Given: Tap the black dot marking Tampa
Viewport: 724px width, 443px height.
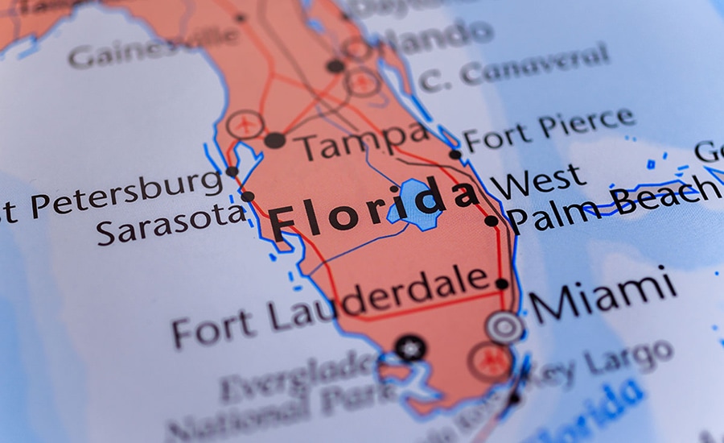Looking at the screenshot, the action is [x=275, y=140].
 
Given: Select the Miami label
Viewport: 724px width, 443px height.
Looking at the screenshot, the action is [x=603, y=296].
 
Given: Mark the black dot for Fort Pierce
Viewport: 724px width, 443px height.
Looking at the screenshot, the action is [x=455, y=154].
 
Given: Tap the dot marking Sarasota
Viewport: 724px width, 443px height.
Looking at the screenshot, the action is [x=248, y=197].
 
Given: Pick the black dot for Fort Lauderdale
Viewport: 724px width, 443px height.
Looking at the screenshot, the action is [x=502, y=284].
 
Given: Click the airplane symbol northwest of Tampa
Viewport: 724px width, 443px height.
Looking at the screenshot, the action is [x=244, y=125].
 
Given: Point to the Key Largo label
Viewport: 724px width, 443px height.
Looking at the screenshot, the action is [x=611, y=360].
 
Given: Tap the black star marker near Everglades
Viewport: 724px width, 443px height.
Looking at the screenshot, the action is [x=410, y=349].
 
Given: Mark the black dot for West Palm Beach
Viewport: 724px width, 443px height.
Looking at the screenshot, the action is [x=491, y=221].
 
